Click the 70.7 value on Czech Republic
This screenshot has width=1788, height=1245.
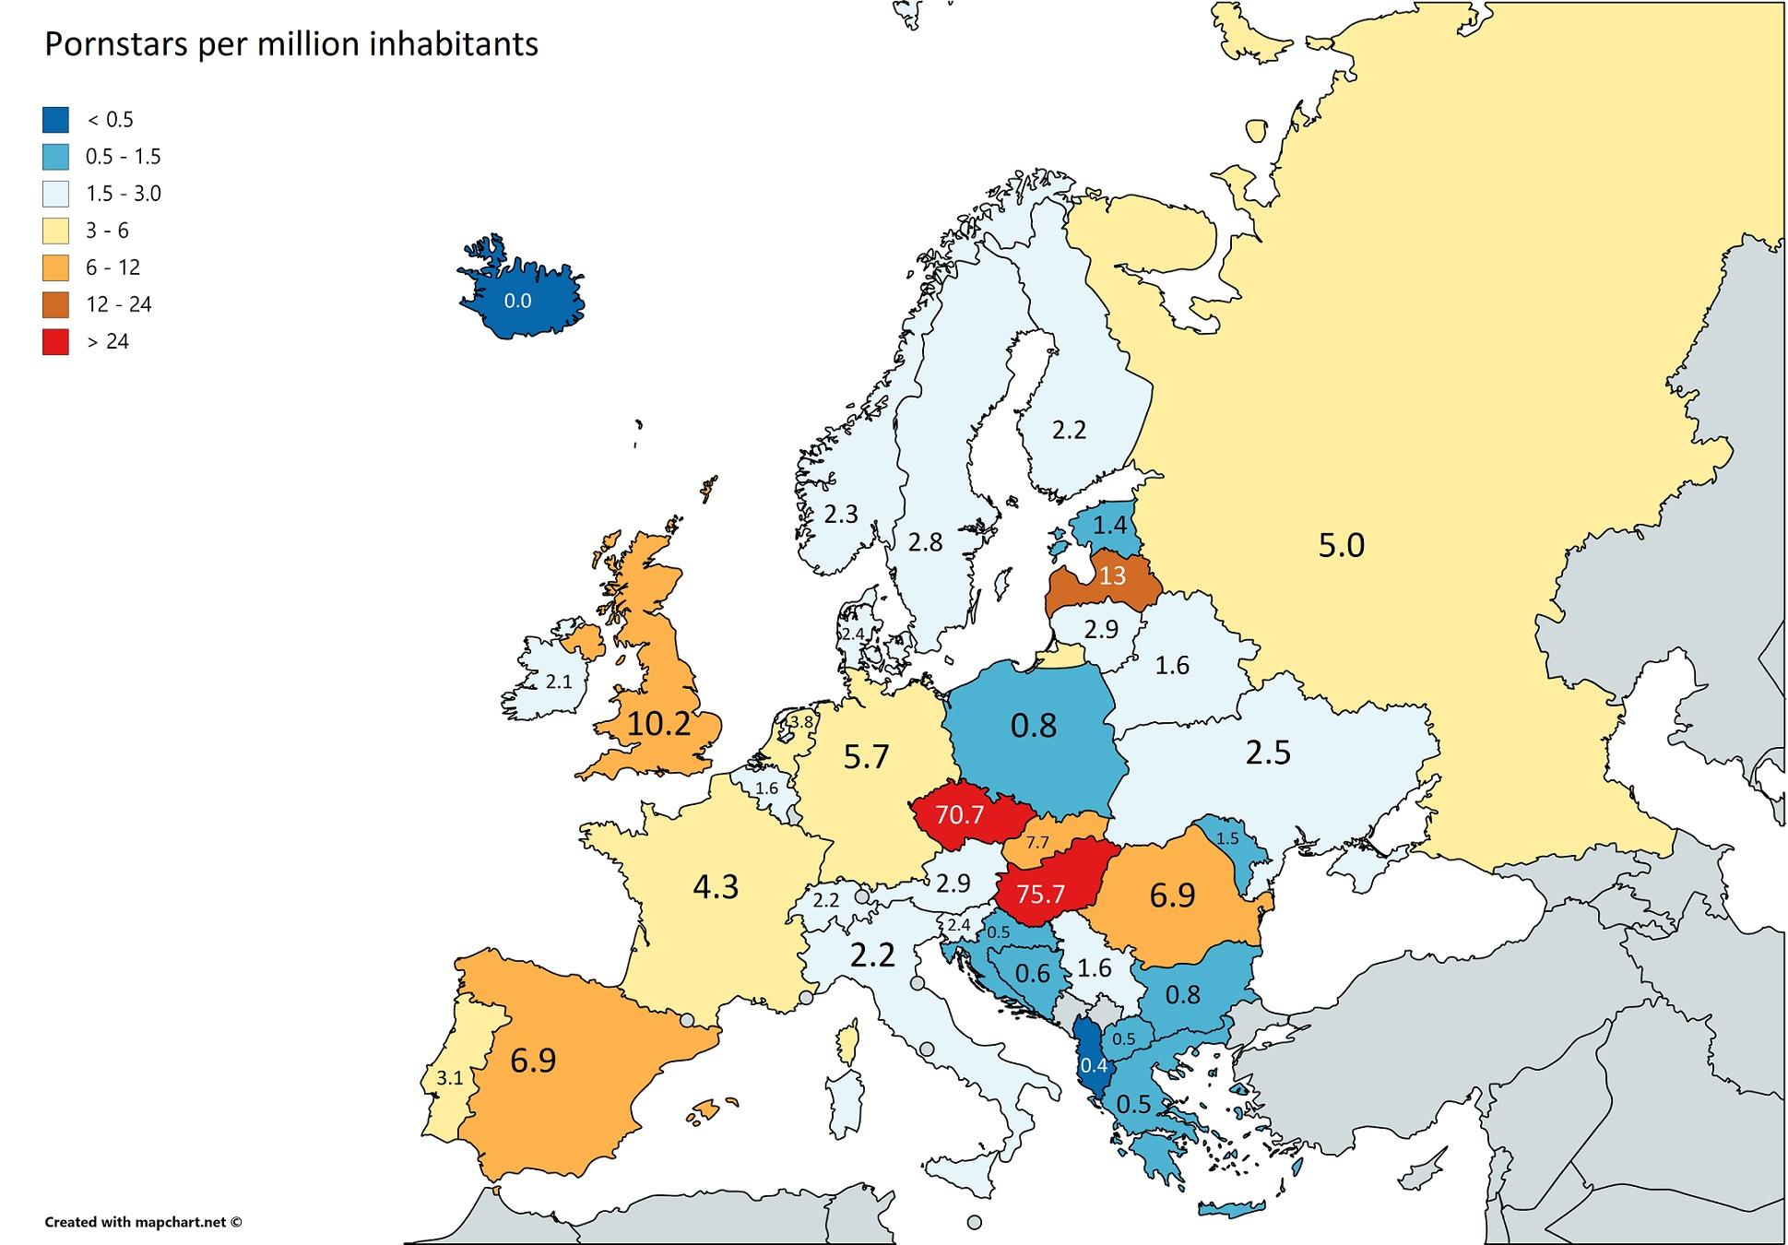pos(959,814)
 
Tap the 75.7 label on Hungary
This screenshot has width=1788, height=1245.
pos(1040,894)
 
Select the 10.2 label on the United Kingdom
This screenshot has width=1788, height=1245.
pos(658,724)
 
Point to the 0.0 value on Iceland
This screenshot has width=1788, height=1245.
pos(517,301)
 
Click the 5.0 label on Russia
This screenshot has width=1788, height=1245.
pos(1340,545)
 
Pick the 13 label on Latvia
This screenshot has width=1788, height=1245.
pos(1112,575)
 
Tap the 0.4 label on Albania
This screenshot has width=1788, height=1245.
pos(1093,1065)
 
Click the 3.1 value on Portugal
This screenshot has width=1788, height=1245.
pos(449,1077)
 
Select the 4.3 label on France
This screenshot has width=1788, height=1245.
pos(716,886)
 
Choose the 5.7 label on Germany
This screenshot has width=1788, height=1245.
pos(866,756)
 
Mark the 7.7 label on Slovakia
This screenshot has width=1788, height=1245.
pos(1037,842)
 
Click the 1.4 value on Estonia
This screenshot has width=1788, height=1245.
pos(1109,525)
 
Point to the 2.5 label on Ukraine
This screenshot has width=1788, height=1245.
pos(1267,753)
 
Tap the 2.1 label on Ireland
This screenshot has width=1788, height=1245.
pos(559,682)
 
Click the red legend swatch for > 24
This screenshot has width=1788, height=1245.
pos(55,341)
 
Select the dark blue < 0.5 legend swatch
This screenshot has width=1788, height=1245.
pos(55,120)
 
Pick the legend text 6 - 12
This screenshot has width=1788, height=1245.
pos(112,267)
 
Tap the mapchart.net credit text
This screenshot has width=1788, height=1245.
pos(143,1222)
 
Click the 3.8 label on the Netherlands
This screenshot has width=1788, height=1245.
pos(801,722)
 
